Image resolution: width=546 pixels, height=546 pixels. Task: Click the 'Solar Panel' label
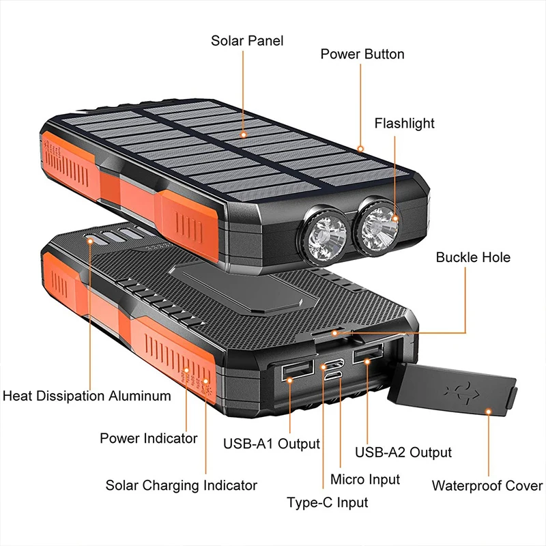pos(246,41)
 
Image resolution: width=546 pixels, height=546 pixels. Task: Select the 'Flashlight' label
pos(404,124)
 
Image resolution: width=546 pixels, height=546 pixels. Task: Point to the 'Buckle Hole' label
pos(473,257)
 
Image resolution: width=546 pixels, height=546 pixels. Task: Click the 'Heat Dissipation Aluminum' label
pos(87,396)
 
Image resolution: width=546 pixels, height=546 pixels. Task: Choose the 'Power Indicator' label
pos(148,438)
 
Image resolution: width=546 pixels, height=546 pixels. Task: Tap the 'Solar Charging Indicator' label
pos(181,485)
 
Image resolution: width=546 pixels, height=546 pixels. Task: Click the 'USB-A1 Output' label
pos(271,444)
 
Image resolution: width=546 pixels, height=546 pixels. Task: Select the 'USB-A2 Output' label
pos(403,452)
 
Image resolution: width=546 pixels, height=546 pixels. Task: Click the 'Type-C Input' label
pos(327,503)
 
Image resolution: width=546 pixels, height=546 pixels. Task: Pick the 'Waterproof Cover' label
pos(487,486)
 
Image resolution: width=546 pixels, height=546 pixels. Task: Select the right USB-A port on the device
pos(367,356)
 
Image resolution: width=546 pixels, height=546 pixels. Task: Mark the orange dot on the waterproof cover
pos(488,411)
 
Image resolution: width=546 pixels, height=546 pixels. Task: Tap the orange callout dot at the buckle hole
pos(334,332)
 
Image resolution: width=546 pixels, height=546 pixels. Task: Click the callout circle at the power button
pos(360,147)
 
